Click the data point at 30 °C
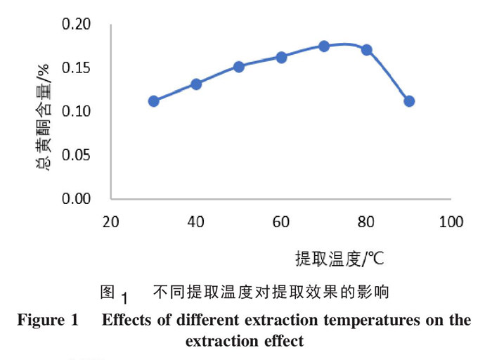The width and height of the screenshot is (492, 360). [x=154, y=101]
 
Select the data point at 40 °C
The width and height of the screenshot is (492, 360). [x=196, y=84]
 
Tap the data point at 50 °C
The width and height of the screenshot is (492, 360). [x=239, y=67]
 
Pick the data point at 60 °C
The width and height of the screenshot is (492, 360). [x=281, y=57]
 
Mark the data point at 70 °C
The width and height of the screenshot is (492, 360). [x=324, y=46]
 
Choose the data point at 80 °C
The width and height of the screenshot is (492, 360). [x=366, y=50]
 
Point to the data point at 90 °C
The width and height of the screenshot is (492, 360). [x=409, y=101]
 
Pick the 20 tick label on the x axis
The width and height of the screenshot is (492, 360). [x=111, y=222]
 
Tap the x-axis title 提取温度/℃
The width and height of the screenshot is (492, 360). [x=339, y=258]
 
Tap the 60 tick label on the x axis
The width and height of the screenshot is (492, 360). [x=281, y=222]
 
